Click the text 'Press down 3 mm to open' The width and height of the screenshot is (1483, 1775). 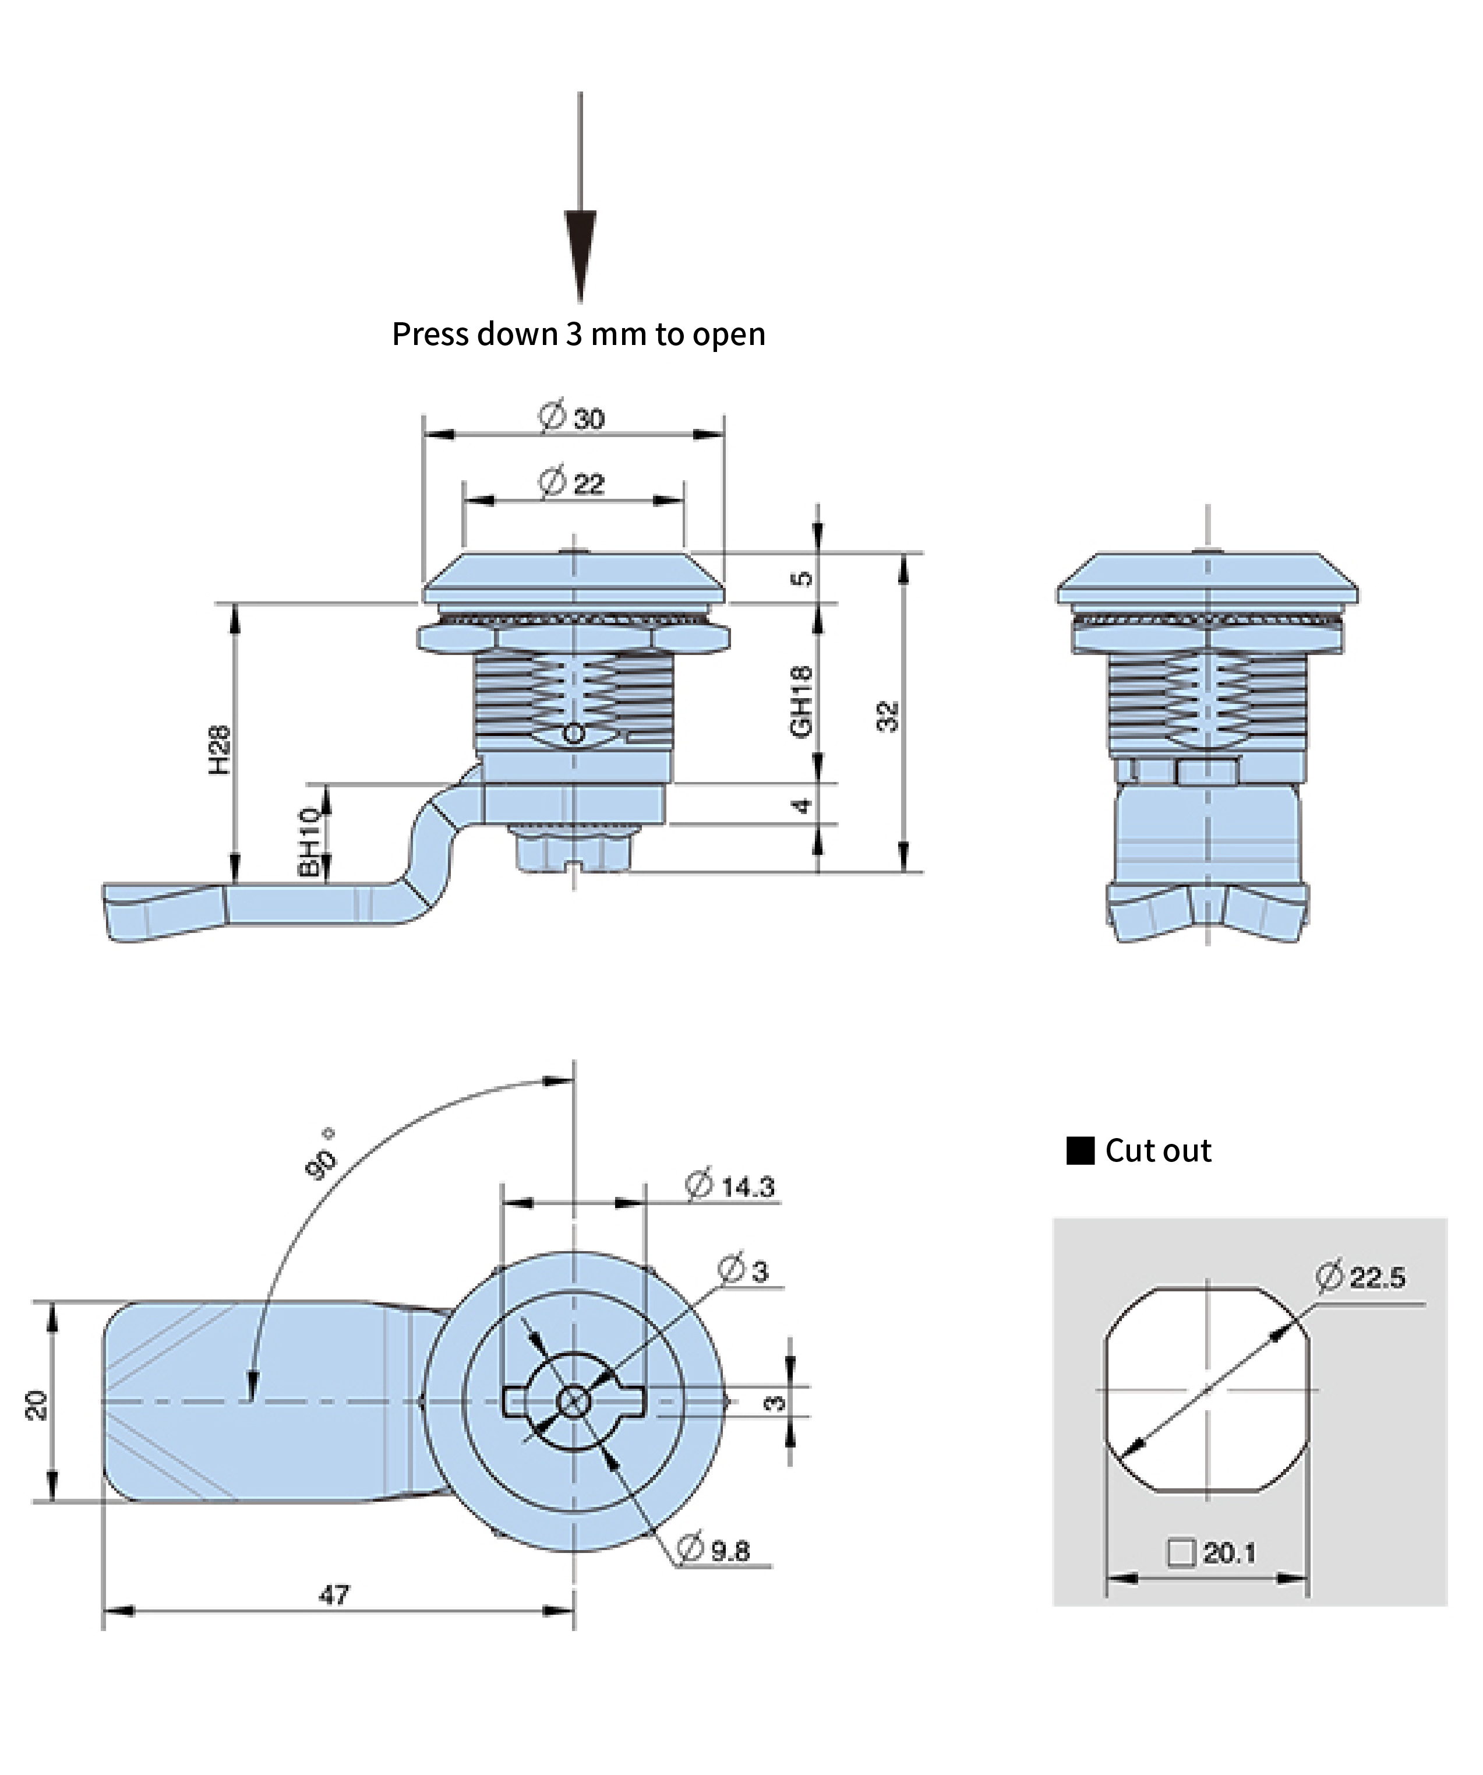tap(579, 334)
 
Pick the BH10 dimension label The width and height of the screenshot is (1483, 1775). tap(310, 842)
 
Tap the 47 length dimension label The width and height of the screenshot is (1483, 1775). tap(334, 1594)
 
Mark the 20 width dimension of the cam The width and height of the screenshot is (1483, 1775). tap(36, 1406)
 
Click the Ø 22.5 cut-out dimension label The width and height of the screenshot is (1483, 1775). tap(1361, 1276)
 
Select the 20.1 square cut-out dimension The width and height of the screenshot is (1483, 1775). tap(1213, 1553)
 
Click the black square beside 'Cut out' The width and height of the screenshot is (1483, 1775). tap(1080, 1151)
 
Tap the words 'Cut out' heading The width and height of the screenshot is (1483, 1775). tap(1157, 1151)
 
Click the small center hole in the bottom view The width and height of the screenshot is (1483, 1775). tap(574, 1402)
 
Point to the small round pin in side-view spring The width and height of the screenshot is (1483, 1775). tap(574, 734)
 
